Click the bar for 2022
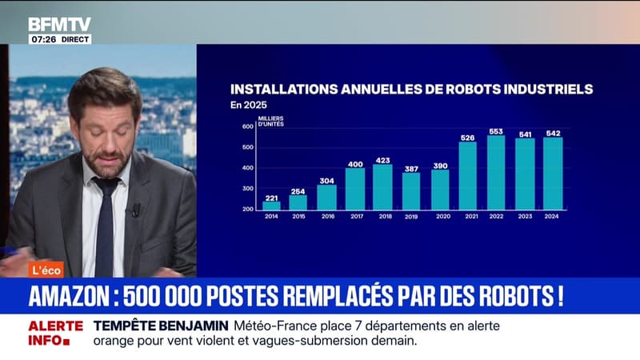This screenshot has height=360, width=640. click(x=496, y=172)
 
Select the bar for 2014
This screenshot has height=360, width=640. click(x=271, y=206)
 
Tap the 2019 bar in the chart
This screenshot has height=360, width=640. click(x=411, y=191)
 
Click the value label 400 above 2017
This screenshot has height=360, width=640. click(x=354, y=163)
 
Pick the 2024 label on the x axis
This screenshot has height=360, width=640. click(x=553, y=216)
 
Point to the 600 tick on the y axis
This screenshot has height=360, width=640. click(x=246, y=126)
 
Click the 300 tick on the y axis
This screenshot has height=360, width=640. click(x=246, y=187)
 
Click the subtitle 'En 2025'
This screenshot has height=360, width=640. click(x=248, y=105)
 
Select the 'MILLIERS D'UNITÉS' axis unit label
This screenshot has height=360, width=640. click(x=272, y=122)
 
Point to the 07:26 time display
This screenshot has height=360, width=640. click(x=42, y=38)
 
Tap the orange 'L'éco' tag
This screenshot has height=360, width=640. click(x=46, y=270)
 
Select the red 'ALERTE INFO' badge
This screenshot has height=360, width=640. click(x=55, y=333)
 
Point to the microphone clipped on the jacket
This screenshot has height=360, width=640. click(x=136, y=210)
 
